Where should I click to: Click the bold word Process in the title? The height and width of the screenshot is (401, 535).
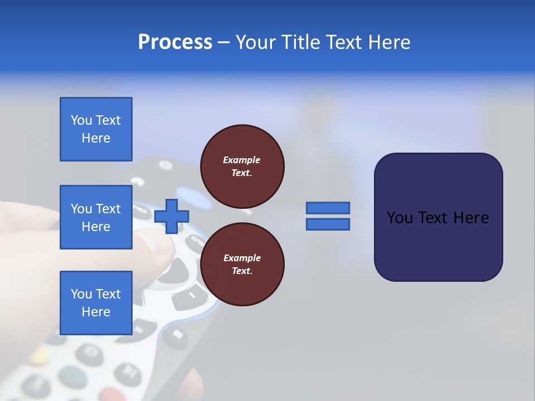[x=175, y=42]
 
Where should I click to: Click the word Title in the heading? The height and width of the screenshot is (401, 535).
[x=300, y=42]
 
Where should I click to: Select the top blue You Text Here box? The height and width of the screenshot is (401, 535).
[x=96, y=129]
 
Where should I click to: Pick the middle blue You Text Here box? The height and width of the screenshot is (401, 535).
[x=96, y=217]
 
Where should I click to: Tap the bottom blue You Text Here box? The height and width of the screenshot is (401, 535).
[x=96, y=303]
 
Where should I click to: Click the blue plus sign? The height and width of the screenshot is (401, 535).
[x=172, y=216]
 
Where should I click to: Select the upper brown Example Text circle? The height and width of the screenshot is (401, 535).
[x=242, y=166]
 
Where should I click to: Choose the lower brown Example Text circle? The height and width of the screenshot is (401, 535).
[x=242, y=264]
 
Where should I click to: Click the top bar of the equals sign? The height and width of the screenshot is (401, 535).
[x=328, y=208]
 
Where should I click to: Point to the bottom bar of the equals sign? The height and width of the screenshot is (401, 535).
[x=328, y=224]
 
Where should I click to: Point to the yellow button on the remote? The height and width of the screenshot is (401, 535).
[x=39, y=355]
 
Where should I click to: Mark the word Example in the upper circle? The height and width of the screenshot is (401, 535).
[x=242, y=160]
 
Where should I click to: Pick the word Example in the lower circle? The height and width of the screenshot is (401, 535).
[x=242, y=258]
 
